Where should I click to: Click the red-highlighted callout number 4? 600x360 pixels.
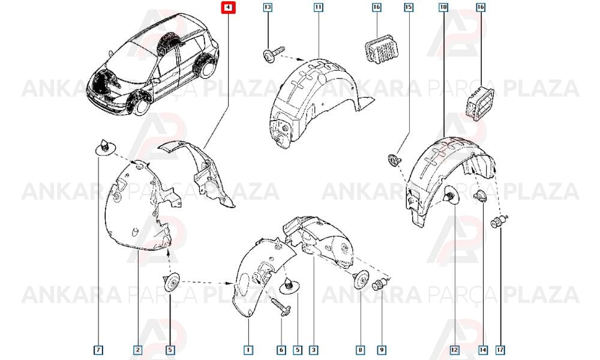[x=229, y=7]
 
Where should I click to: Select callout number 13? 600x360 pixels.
[x=268, y=7]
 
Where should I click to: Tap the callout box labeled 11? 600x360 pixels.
[x=319, y=7]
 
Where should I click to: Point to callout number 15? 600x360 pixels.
[x=409, y=7]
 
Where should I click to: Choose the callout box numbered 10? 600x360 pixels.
[x=443, y=7]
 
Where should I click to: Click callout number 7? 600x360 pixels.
[x=98, y=350]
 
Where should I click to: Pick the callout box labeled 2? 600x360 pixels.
[x=137, y=350]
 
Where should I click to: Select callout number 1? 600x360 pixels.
[x=248, y=350]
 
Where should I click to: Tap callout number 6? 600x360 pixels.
[x=281, y=350]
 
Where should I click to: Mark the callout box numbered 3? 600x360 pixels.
[x=314, y=350]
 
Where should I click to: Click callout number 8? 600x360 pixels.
[x=360, y=350]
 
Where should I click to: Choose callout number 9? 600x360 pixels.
[x=382, y=350]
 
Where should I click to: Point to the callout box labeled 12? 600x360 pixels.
[x=454, y=350]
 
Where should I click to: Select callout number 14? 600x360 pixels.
[x=483, y=350]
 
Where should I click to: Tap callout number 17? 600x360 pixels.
[x=500, y=350]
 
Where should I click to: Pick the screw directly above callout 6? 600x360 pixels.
[x=281, y=307]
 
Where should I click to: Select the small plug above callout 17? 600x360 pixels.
[x=499, y=221]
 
